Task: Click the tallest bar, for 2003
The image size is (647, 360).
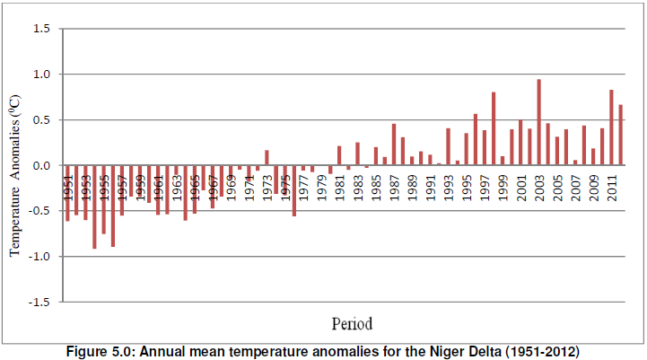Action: coord(538,122)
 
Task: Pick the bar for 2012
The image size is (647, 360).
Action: coord(620,135)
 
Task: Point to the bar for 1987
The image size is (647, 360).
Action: coord(393,145)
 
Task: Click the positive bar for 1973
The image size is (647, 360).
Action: coord(267,157)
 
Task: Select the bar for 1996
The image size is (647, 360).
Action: coord(475,139)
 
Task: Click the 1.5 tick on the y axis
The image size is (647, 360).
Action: coord(41,29)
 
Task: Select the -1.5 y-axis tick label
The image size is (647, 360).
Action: coord(39,303)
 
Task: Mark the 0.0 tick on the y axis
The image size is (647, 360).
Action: coord(41,166)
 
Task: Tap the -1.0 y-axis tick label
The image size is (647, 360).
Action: coord(39,257)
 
